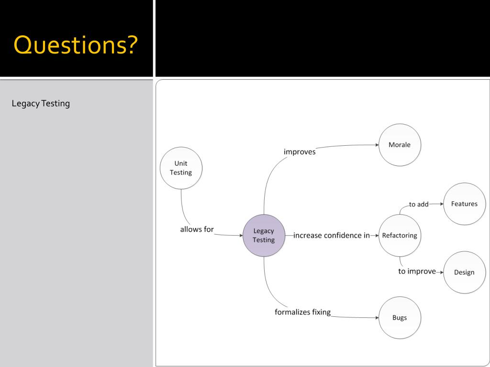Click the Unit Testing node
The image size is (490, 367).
[181, 168]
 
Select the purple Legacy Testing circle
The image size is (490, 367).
[264, 235]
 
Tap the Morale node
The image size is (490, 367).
[400, 145]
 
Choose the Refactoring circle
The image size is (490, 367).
[400, 235]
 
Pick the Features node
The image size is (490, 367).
[464, 204]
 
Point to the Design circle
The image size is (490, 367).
[464, 272]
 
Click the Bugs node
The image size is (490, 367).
[400, 318]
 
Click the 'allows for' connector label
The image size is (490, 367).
[197, 229]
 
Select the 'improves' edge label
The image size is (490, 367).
[300, 152]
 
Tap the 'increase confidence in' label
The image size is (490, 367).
[332, 235]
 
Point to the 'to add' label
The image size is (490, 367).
[419, 205]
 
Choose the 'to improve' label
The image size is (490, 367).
[417, 271]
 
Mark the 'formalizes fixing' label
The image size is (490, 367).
[302, 312]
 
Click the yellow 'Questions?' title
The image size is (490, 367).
[76, 45]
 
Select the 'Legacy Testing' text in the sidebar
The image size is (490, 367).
[41, 103]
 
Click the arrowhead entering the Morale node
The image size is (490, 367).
[376, 145]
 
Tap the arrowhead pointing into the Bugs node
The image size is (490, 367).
[376, 317]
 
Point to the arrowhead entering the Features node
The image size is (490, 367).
[441, 204]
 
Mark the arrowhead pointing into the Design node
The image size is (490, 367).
[441, 272]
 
